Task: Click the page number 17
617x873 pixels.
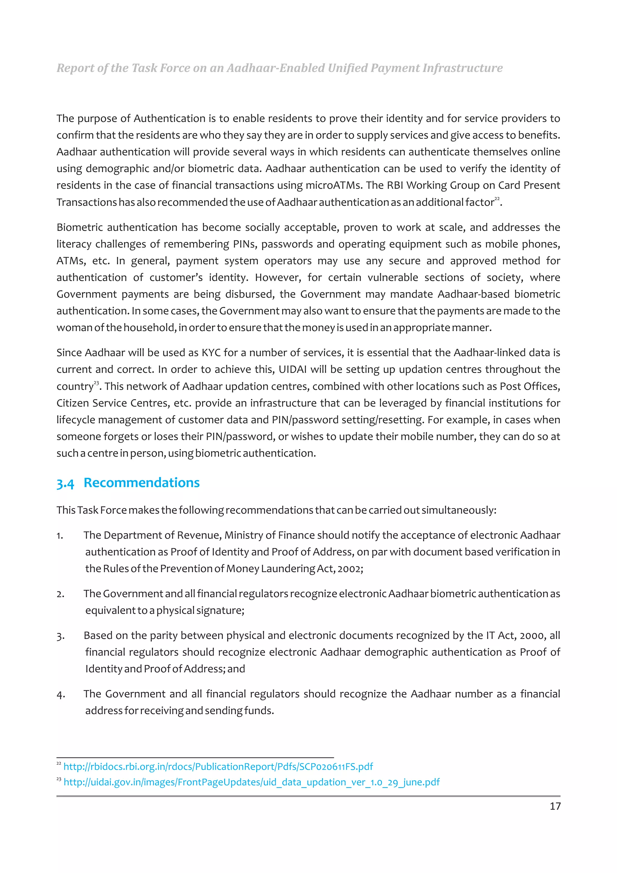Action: tap(555, 806)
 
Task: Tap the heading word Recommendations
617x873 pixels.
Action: tap(141, 483)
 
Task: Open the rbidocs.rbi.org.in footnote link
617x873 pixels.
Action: tap(218, 767)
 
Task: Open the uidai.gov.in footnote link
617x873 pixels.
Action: tap(251, 782)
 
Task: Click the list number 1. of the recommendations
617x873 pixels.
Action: tap(60, 536)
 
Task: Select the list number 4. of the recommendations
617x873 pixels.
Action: tap(61, 695)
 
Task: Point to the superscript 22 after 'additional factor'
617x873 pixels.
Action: tap(496, 199)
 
